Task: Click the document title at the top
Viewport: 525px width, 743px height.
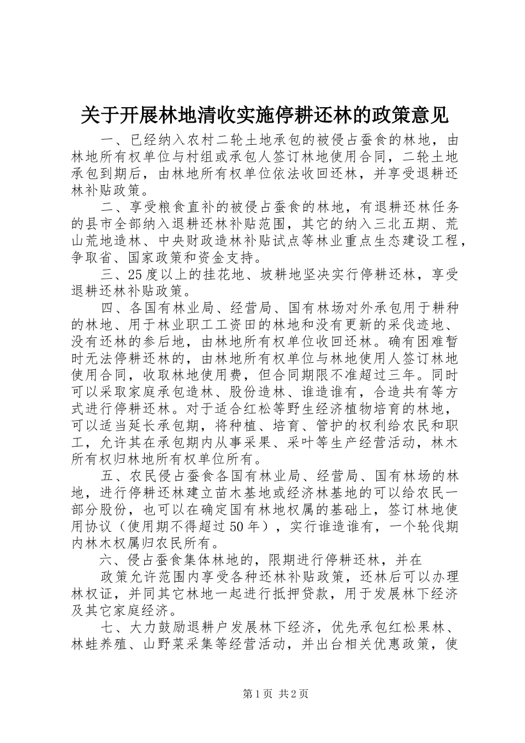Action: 264,115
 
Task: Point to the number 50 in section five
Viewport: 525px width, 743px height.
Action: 236,526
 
